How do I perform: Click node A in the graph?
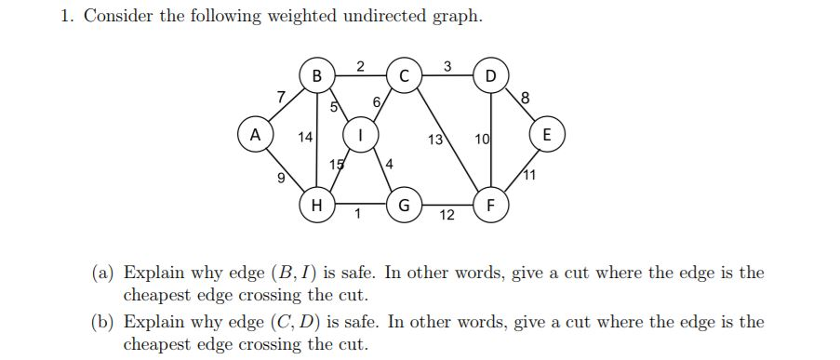[x=250, y=136]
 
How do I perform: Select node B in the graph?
[x=316, y=74]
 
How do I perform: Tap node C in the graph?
[x=404, y=74]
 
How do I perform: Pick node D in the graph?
[x=491, y=74]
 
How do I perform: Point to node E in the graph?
[x=547, y=135]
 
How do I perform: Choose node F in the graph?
[x=491, y=202]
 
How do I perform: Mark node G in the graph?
[x=404, y=203]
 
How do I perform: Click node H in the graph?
[x=316, y=203]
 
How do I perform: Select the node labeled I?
[x=360, y=136]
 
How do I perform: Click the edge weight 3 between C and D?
[x=447, y=65]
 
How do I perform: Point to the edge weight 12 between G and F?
[x=447, y=216]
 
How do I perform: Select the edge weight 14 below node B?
[x=304, y=138]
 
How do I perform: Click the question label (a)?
[x=103, y=273]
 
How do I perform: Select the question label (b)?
[x=103, y=323]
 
